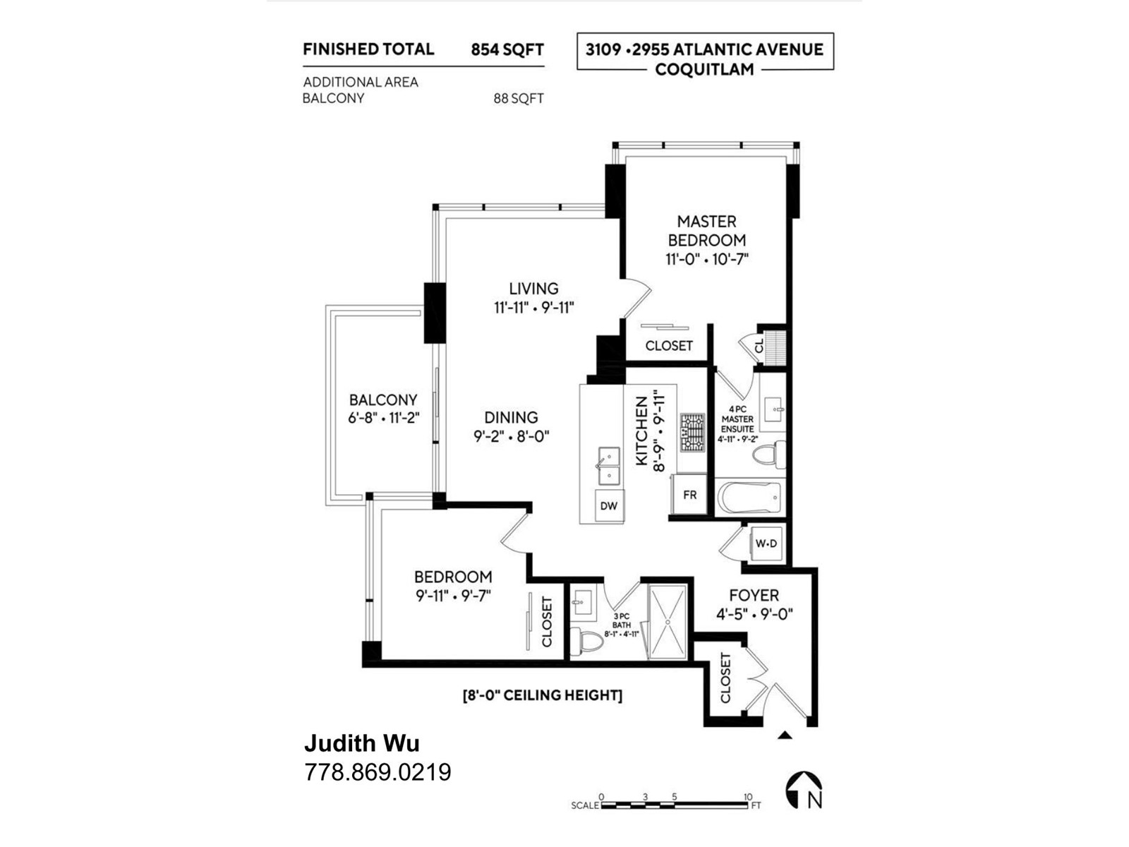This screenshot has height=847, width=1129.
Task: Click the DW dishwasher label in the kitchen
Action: pos(608,505)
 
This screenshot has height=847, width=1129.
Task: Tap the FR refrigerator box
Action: pos(689,494)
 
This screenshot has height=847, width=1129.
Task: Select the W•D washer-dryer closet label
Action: pos(766,543)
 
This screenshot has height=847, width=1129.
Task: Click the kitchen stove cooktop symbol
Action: pos(693,433)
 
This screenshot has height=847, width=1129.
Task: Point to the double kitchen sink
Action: pos(608,466)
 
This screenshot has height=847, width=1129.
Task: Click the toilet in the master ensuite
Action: pos(769,455)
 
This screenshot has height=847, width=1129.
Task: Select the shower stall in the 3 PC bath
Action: pos(668,622)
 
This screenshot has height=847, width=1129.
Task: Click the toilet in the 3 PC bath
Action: pos(586,642)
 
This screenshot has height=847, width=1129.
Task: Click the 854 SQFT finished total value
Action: pos(507,49)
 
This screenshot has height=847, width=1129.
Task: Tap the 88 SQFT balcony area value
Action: pos(519,98)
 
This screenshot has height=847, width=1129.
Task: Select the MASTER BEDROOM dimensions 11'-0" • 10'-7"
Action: pos(707,258)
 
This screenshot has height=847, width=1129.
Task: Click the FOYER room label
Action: pos(754,595)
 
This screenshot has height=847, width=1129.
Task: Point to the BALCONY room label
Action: pos(382,400)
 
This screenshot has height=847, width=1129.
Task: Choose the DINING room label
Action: pos(512,417)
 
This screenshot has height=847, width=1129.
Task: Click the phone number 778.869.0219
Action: pos(378,772)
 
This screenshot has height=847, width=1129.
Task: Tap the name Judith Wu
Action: pos(361,744)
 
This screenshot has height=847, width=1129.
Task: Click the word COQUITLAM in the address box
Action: pos(704,69)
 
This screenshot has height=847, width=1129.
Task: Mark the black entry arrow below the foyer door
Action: pos(785,735)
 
